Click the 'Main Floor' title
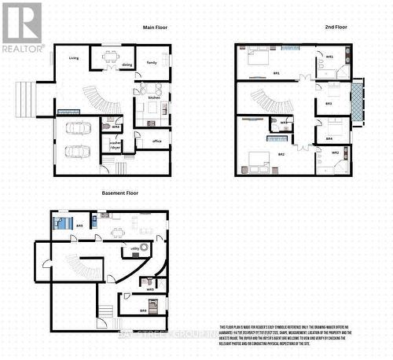point(155,28)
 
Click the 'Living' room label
point(74,58)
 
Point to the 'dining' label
point(127,65)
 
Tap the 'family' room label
point(152,62)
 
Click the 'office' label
point(156,141)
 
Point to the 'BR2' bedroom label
point(281,154)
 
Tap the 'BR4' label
point(329,139)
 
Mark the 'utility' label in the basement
point(134,248)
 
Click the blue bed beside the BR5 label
point(63,222)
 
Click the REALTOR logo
point(22,27)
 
